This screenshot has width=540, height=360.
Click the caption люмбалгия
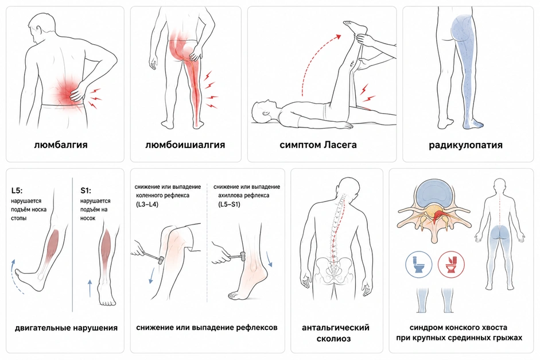(61, 145)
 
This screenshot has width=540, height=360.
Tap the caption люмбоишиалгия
(185, 145)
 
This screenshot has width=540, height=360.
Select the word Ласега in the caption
(340, 145)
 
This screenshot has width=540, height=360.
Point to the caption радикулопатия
(465, 145)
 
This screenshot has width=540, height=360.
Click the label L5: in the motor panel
(17, 191)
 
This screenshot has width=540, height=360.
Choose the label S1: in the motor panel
(86, 191)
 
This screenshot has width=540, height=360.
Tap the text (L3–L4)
(147, 204)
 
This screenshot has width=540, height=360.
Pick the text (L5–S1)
(229, 204)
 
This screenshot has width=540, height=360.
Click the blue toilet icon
(419, 264)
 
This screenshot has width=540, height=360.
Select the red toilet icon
(451, 264)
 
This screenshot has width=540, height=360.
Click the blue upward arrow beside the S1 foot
(90, 288)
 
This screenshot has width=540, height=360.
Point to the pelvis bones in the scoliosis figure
(333, 269)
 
